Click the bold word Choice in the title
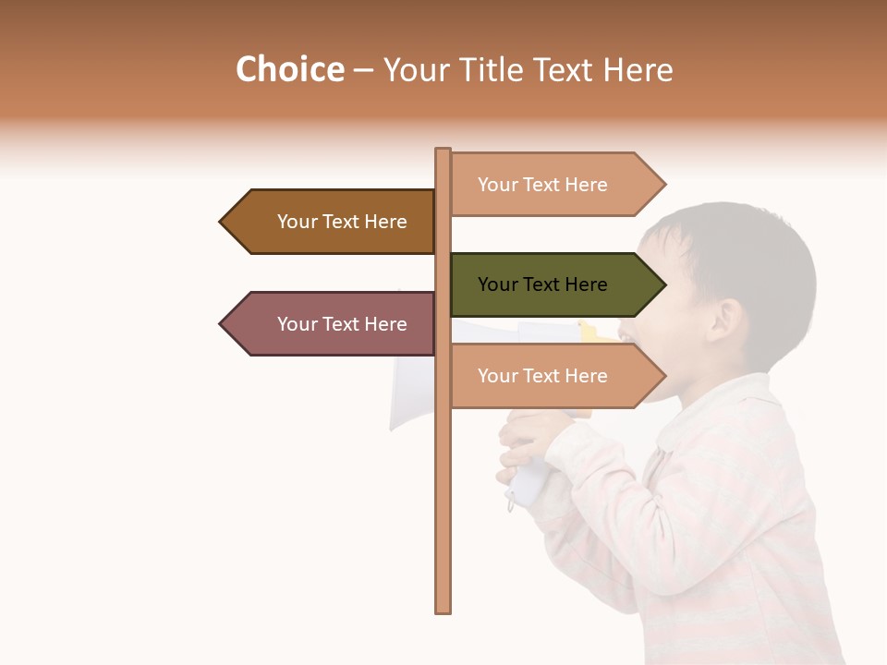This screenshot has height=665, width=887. [290, 69]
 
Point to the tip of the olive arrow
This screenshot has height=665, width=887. [663, 284]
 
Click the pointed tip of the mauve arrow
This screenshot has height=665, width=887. [222, 324]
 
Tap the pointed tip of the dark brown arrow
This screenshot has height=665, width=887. [222, 222]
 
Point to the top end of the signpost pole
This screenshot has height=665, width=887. [443, 151]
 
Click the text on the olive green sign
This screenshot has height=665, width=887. [542, 284]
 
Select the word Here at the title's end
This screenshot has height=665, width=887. [638, 69]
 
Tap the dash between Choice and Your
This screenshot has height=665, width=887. [363, 71]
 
